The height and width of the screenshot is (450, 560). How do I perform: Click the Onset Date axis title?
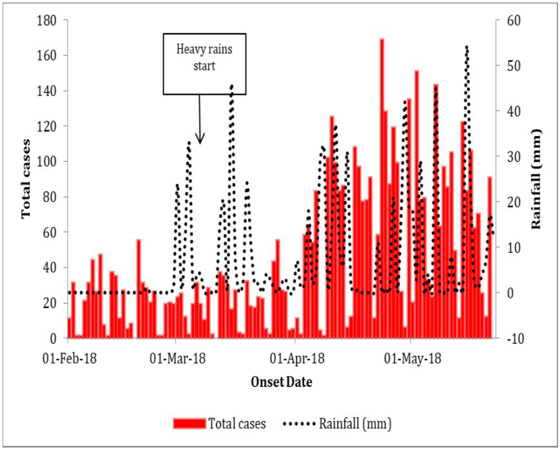[x=282, y=382]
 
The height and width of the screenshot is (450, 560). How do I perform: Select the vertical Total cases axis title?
[x=26, y=179]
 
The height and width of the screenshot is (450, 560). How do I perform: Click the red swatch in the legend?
[x=189, y=424]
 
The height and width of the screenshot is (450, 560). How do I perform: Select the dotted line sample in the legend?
[x=299, y=424]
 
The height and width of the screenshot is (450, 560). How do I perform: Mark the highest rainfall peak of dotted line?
[x=467, y=47]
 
